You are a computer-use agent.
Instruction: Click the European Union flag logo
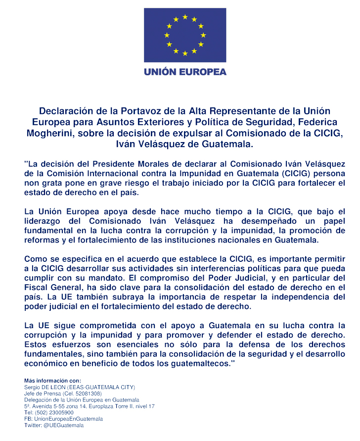pyautogui.click(x=185, y=35)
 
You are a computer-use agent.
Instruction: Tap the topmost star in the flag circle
pyautogui.click(x=185, y=17)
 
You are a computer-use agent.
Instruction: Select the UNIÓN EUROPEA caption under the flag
pyautogui.click(x=185, y=71)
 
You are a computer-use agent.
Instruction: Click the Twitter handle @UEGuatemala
pyautogui.click(x=63, y=426)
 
